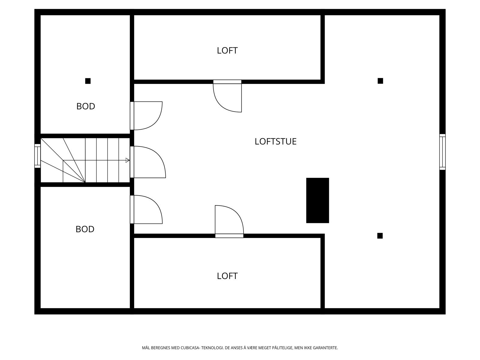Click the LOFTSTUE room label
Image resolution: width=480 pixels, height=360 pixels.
[x=275, y=141]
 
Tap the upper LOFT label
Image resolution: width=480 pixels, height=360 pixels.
[x=227, y=50]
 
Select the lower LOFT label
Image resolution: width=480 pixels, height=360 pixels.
[x=227, y=276]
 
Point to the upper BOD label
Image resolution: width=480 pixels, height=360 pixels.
[x=85, y=106]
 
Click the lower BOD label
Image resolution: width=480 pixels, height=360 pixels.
[x=85, y=229]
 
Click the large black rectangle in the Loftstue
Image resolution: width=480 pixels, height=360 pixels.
[x=317, y=200]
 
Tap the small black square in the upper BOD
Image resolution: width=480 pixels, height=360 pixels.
[x=88, y=81]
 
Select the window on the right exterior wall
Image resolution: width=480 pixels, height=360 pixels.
[x=442, y=152]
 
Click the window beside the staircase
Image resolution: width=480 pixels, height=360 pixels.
[x=37, y=156]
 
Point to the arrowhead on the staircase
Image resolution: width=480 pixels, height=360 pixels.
[x=127, y=160]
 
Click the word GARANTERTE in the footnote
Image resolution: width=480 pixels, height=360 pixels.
[x=326, y=348]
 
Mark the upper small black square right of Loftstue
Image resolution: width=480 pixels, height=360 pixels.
[x=380, y=81]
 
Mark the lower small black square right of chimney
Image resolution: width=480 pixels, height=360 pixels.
[x=380, y=236]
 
